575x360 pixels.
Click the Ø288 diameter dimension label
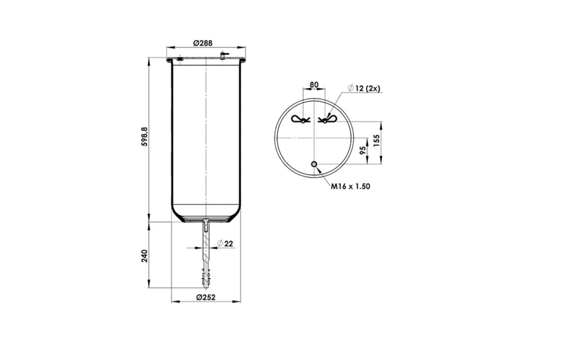click(x=203, y=43)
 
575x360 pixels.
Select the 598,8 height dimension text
click(x=144, y=137)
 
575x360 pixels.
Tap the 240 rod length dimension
click(x=144, y=256)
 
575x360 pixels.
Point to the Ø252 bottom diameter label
click(x=206, y=297)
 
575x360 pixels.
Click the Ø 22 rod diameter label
click(x=225, y=244)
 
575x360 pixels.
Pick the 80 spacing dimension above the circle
click(x=314, y=85)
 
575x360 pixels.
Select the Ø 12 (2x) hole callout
click(x=364, y=88)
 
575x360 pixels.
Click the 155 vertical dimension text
click(x=377, y=140)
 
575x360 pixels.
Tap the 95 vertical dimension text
click(x=363, y=150)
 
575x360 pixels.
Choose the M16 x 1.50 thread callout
click(x=351, y=187)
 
